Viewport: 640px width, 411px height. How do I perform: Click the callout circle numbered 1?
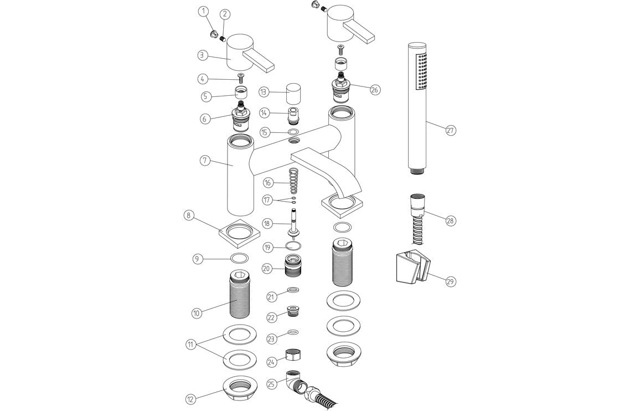[203, 11]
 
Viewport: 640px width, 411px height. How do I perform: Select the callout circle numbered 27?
[450, 131]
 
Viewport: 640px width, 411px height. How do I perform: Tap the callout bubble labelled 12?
[190, 398]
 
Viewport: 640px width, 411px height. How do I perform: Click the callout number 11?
[190, 344]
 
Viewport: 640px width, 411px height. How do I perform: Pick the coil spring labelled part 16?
[294, 182]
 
